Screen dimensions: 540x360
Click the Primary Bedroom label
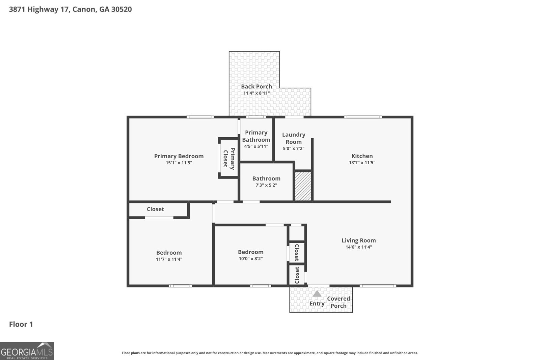pyautogui.click(x=179, y=156)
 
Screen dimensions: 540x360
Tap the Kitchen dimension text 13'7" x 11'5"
pyautogui.click(x=362, y=163)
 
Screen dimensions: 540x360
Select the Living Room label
pyautogui.click(x=359, y=241)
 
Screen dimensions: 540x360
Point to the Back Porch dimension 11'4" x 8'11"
pyautogui.click(x=256, y=93)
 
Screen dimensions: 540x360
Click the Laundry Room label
pyautogui.click(x=294, y=138)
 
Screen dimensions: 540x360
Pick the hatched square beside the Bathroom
pyautogui.click(x=303, y=186)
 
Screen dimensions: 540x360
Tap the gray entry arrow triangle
pyautogui.click(x=317, y=294)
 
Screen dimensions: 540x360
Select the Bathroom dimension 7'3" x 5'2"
pyautogui.click(x=266, y=185)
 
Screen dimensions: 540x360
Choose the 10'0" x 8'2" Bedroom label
pyautogui.click(x=251, y=252)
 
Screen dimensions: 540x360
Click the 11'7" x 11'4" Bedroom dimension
pyautogui.click(x=169, y=259)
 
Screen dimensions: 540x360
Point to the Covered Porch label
pyautogui.click(x=339, y=302)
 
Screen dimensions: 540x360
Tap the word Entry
pyautogui.click(x=317, y=304)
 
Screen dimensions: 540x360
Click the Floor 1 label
pyautogui.click(x=21, y=324)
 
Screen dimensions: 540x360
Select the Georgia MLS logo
pyautogui.click(x=27, y=351)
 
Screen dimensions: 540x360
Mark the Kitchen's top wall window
pyautogui.click(x=363, y=117)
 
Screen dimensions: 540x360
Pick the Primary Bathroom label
pyautogui.click(x=256, y=136)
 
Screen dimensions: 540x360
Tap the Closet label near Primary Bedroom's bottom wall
pyautogui.click(x=156, y=209)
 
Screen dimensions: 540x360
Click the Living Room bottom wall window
pyautogui.click(x=378, y=286)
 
